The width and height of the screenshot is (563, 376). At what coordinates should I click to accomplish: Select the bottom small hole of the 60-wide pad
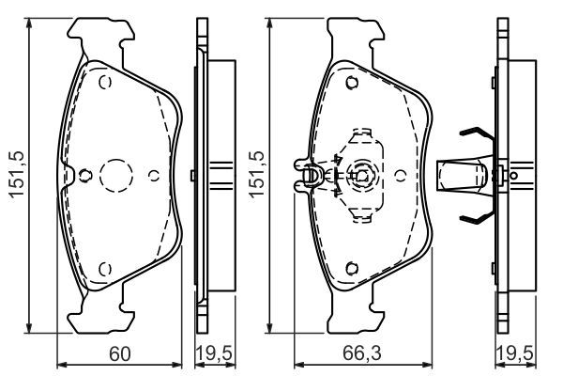[x=105, y=267]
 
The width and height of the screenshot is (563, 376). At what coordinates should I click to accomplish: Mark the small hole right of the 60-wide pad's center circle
[x=154, y=174]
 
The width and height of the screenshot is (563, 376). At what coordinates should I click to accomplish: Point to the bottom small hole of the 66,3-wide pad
[x=350, y=267]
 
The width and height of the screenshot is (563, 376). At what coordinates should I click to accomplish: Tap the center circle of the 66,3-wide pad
[x=361, y=174]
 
